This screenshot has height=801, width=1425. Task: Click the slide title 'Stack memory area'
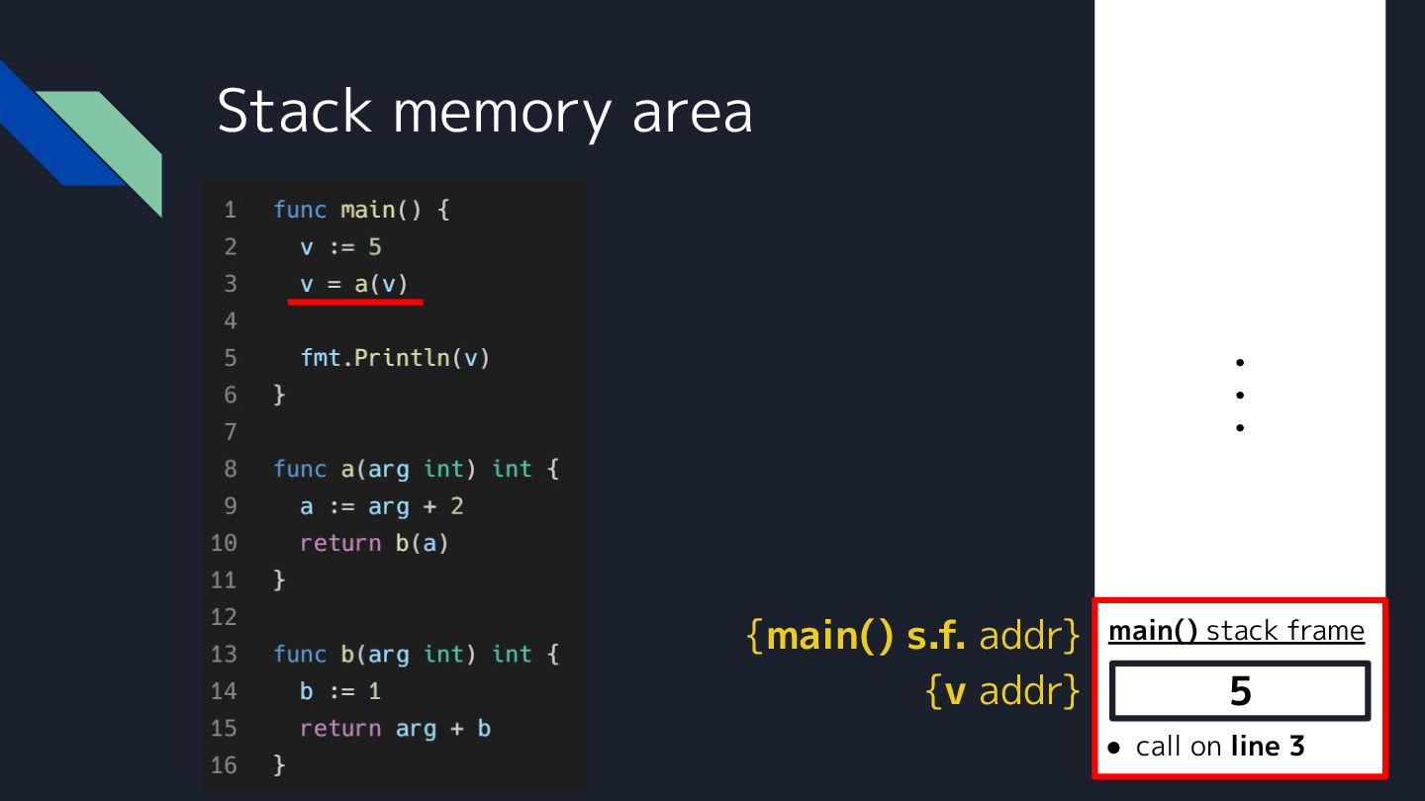[484, 111]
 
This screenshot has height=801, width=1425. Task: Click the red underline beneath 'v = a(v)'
[355, 302]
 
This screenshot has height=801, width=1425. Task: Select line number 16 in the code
[225, 765]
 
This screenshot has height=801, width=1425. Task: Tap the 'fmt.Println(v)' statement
[395, 357]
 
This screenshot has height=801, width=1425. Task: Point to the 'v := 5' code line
[340, 246]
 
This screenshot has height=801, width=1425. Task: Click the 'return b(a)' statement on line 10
[374, 543]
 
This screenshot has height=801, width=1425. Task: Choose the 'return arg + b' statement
[395, 729]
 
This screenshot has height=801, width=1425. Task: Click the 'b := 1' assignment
[340, 691]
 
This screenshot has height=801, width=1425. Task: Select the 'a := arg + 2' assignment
[381, 506]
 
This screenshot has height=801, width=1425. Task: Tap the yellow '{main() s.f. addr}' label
[912, 636]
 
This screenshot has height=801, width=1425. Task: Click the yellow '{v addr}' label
[1001, 691]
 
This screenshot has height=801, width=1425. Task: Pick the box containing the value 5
[1240, 691]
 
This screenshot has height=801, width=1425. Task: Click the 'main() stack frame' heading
[1236, 631]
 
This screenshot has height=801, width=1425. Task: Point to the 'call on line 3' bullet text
[1219, 747]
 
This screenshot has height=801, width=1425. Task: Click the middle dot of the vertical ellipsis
[1240, 396]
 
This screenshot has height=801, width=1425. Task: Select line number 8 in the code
[230, 469]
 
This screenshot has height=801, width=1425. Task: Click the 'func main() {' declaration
[361, 210]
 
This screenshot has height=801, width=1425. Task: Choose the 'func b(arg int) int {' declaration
[416, 655]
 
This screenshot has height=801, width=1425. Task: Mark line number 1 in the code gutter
[230, 210]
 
